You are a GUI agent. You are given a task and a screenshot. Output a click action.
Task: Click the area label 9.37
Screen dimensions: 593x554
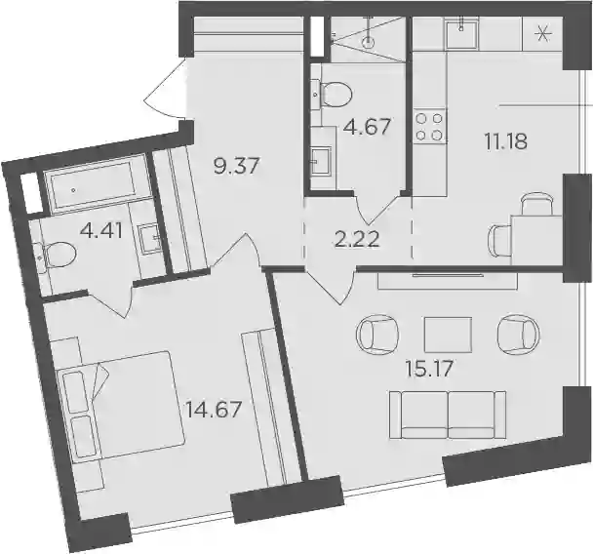237,166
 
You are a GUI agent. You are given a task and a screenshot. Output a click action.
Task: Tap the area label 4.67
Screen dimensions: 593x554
367,126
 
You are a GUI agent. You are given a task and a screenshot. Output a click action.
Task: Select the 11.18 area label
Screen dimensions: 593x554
505,141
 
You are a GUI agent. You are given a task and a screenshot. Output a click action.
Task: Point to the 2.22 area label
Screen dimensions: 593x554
357,239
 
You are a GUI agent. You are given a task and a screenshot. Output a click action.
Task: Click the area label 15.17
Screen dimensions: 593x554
429,369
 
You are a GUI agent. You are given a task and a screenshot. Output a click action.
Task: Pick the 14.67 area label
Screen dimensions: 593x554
213,410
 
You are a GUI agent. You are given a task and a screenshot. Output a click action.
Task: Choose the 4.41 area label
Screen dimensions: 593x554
101,231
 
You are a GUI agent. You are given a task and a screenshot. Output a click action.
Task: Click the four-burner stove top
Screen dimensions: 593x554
429,126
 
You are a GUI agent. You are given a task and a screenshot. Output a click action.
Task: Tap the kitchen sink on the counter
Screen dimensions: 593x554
461,33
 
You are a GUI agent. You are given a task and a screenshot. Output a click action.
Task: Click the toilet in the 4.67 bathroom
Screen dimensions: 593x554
336,95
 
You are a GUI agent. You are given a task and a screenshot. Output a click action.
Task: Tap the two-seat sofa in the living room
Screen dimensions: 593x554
448,415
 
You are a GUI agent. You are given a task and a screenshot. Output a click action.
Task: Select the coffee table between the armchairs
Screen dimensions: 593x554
448,335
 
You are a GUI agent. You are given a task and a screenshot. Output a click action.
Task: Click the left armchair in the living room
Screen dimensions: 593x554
377,334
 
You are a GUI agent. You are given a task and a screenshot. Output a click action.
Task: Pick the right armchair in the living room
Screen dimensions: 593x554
519,334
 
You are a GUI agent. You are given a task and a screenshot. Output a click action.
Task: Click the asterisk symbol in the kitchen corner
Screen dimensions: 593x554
543,34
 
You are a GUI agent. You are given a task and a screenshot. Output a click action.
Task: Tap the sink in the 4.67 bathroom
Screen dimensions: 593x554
321,161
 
